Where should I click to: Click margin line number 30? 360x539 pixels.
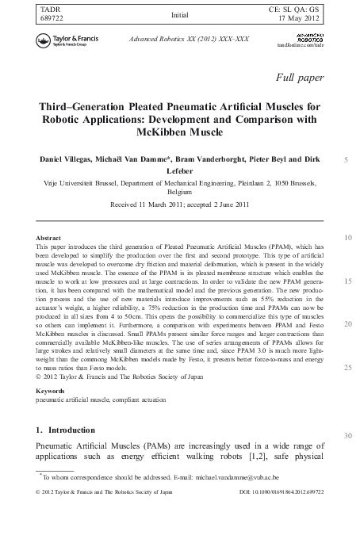(347, 435)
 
